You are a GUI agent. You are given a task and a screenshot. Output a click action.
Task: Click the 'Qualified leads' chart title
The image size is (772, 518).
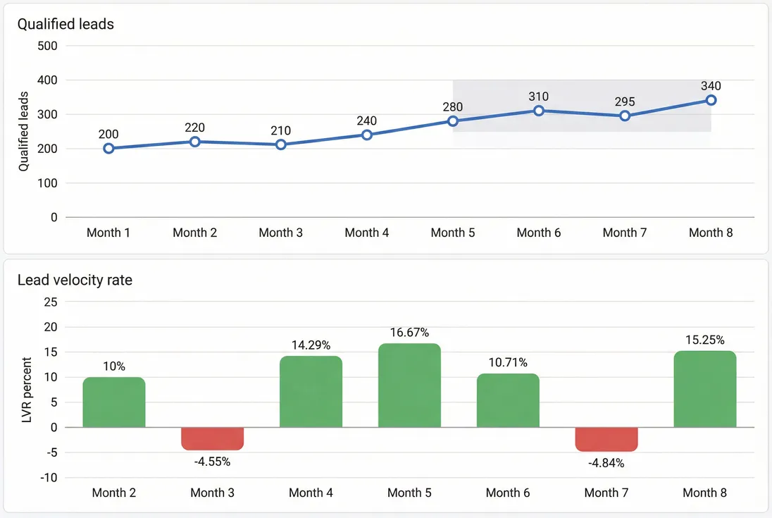(x=66, y=24)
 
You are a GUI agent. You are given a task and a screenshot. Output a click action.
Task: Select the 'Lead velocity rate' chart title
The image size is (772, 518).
(x=75, y=280)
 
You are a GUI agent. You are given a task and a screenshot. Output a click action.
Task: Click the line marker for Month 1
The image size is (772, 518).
(x=108, y=148)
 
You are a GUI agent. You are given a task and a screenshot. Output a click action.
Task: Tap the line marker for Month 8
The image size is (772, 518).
(x=711, y=100)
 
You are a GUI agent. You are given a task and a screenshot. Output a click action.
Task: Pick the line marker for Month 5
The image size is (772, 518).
(x=453, y=121)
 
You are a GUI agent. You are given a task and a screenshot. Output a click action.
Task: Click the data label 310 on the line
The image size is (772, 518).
(x=539, y=97)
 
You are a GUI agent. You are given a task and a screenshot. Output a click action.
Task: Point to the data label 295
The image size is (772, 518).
(x=625, y=101)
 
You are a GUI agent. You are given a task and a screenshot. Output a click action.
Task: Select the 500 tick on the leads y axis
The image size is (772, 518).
(x=48, y=46)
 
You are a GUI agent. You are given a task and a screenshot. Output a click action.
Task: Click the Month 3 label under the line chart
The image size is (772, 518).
(x=280, y=233)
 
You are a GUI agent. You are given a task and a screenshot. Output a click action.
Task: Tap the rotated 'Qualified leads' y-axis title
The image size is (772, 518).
(x=24, y=132)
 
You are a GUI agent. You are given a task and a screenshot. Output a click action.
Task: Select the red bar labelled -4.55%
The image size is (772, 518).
(x=212, y=438)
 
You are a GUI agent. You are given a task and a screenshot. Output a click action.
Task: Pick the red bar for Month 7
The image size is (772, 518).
(x=606, y=439)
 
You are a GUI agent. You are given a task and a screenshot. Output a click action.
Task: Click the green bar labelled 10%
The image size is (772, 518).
(x=114, y=402)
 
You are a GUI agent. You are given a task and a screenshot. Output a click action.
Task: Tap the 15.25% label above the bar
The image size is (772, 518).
(x=705, y=340)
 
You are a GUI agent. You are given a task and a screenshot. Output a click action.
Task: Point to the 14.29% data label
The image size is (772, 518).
(x=311, y=345)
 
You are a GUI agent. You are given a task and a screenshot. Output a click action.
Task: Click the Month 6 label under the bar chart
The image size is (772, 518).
(x=508, y=493)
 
